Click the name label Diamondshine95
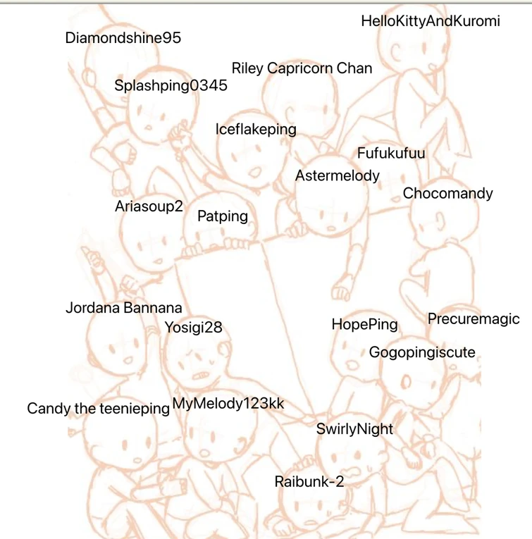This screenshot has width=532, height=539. (123, 38)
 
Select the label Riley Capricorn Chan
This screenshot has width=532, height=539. (302, 68)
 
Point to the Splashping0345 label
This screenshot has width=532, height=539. (171, 86)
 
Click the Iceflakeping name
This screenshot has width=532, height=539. (256, 130)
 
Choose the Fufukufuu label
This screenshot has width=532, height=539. (391, 153)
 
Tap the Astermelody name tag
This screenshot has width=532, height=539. (337, 175)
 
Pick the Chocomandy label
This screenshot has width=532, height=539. (447, 193)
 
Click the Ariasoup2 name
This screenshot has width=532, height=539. (149, 207)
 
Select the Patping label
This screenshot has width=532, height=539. (223, 216)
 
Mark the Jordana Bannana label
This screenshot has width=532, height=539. (123, 308)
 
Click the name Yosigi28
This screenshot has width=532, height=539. (193, 327)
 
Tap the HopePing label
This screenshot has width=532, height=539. (364, 325)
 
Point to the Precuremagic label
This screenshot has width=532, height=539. (474, 319)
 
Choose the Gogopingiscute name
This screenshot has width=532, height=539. (422, 352)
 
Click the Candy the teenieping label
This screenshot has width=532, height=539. (98, 409)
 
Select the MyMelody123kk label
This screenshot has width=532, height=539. (228, 403)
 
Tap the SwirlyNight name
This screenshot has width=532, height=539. (354, 429)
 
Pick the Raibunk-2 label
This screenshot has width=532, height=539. (309, 482)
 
